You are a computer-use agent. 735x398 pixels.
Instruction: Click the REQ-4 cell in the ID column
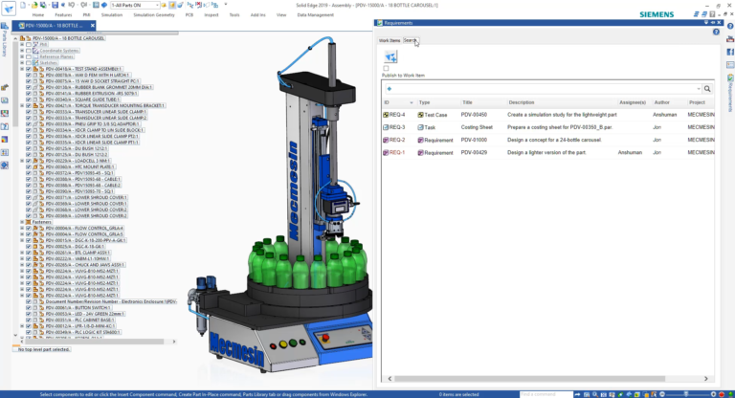tap(397, 114)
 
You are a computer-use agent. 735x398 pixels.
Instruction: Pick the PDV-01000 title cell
tap(475, 140)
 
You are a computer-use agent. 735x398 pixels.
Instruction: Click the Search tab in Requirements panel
tap(411, 40)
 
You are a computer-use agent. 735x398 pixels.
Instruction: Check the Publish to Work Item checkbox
tap(386, 68)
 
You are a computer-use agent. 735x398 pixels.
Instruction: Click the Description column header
tap(522, 101)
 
